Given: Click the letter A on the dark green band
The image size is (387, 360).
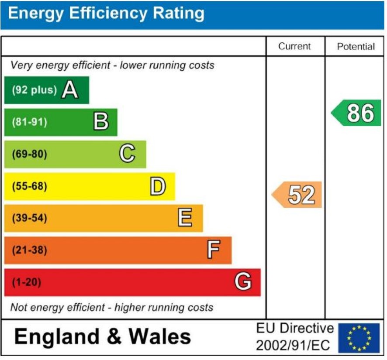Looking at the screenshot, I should (70, 90).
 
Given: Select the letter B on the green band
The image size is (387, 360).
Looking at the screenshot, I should (101, 122).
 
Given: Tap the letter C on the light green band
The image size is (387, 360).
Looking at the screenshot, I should (127, 154).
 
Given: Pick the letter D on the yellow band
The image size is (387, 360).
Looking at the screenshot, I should (158, 186).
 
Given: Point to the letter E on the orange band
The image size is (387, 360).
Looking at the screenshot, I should (185, 218).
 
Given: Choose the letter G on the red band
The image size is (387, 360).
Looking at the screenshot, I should (243, 282).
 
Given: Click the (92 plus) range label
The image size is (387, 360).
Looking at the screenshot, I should (35, 90).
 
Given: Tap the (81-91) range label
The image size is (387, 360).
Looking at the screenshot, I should (29, 122).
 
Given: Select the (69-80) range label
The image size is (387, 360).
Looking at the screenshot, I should (29, 154).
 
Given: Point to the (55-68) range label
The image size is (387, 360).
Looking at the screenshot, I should (29, 186).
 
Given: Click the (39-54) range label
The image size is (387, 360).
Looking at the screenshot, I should (29, 218).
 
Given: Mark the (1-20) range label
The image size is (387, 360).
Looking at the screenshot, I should (26, 282).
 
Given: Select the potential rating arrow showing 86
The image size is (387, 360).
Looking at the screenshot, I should (356, 113).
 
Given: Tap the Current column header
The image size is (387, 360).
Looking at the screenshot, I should (294, 47).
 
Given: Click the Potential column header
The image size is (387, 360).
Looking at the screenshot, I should (356, 47).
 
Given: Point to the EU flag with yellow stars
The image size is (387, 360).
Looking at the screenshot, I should (359, 338).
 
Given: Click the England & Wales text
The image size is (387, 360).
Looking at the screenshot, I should (103, 337).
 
